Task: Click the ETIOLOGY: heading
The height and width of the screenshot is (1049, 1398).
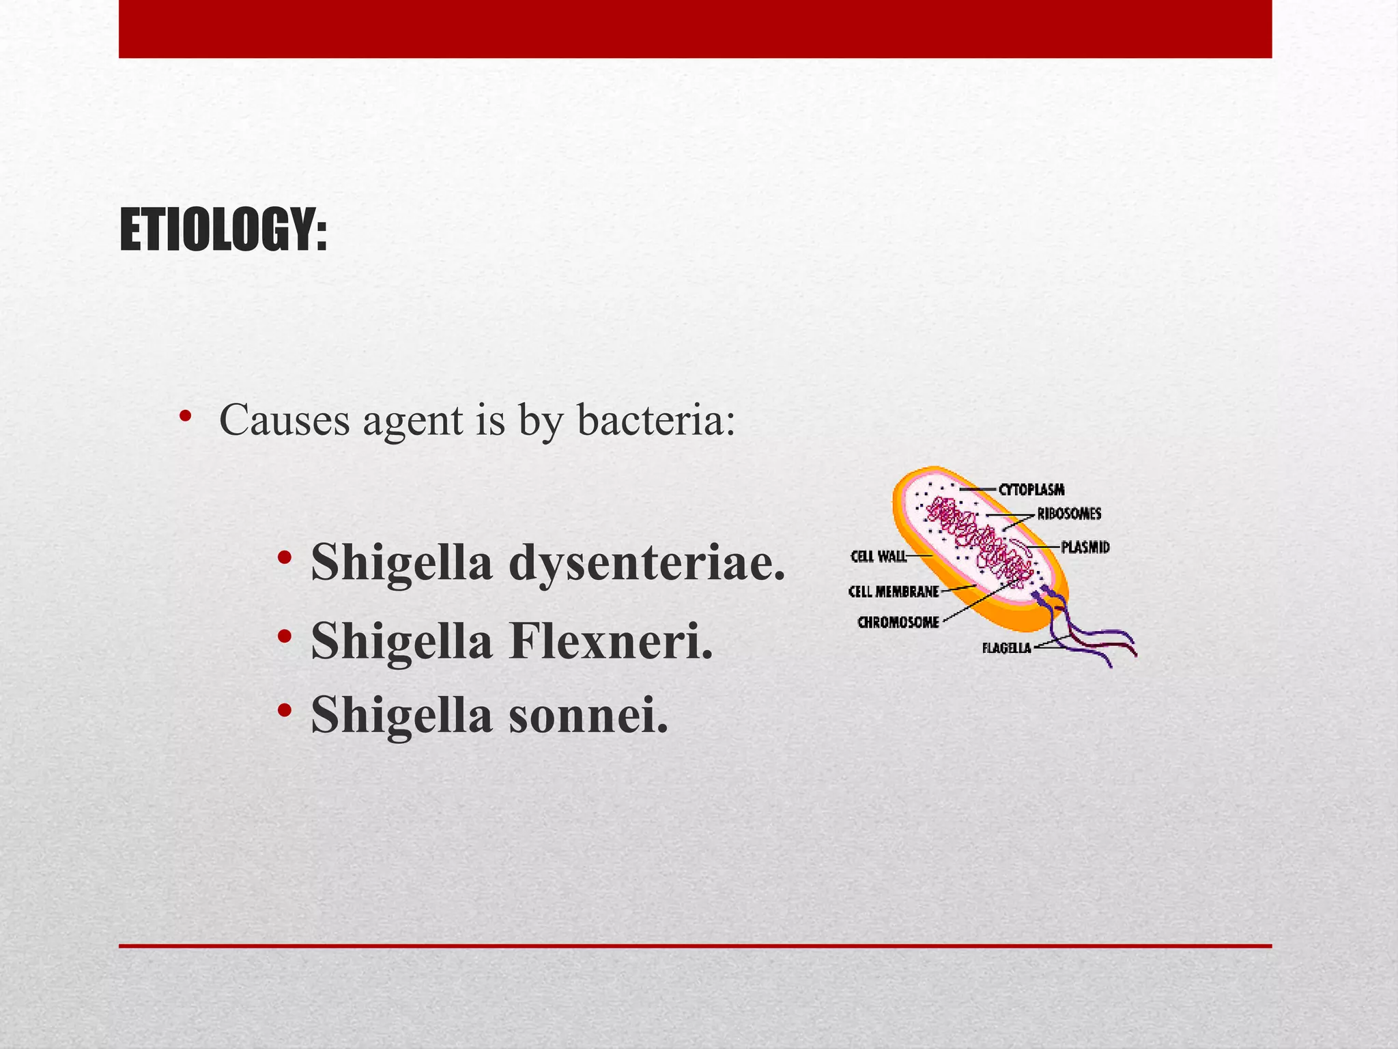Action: pyautogui.click(x=223, y=230)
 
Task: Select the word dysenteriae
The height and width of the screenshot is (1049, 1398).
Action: pyautogui.click(x=646, y=562)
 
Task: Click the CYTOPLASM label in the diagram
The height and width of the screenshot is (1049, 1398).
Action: pyautogui.click(x=1031, y=490)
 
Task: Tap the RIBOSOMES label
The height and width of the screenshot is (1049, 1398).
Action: pyautogui.click(x=1069, y=514)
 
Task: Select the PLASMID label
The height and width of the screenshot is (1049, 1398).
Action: pyautogui.click(x=1085, y=547)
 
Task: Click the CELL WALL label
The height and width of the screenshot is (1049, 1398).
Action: pyautogui.click(x=879, y=557)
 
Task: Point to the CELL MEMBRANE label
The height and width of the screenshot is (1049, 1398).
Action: pyautogui.click(x=894, y=591)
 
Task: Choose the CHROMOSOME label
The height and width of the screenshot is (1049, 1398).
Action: pyautogui.click(x=898, y=622)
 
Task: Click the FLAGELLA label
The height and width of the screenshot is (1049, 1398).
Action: pyautogui.click(x=1006, y=648)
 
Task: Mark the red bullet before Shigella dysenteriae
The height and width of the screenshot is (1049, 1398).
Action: pyautogui.click(x=285, y=557)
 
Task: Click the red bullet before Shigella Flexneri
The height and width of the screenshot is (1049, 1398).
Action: pyautogui.click(x=285, y=636)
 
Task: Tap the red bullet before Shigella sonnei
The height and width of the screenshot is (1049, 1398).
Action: pyautogui.click(x=285, y=710)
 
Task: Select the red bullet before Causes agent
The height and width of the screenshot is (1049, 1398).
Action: pyautogui.click(x=184, y=416)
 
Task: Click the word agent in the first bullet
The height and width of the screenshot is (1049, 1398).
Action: pyautogui.click(x=413, y=422)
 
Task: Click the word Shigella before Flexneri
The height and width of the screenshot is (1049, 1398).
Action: pyautogui.click(x=401, y=642)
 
